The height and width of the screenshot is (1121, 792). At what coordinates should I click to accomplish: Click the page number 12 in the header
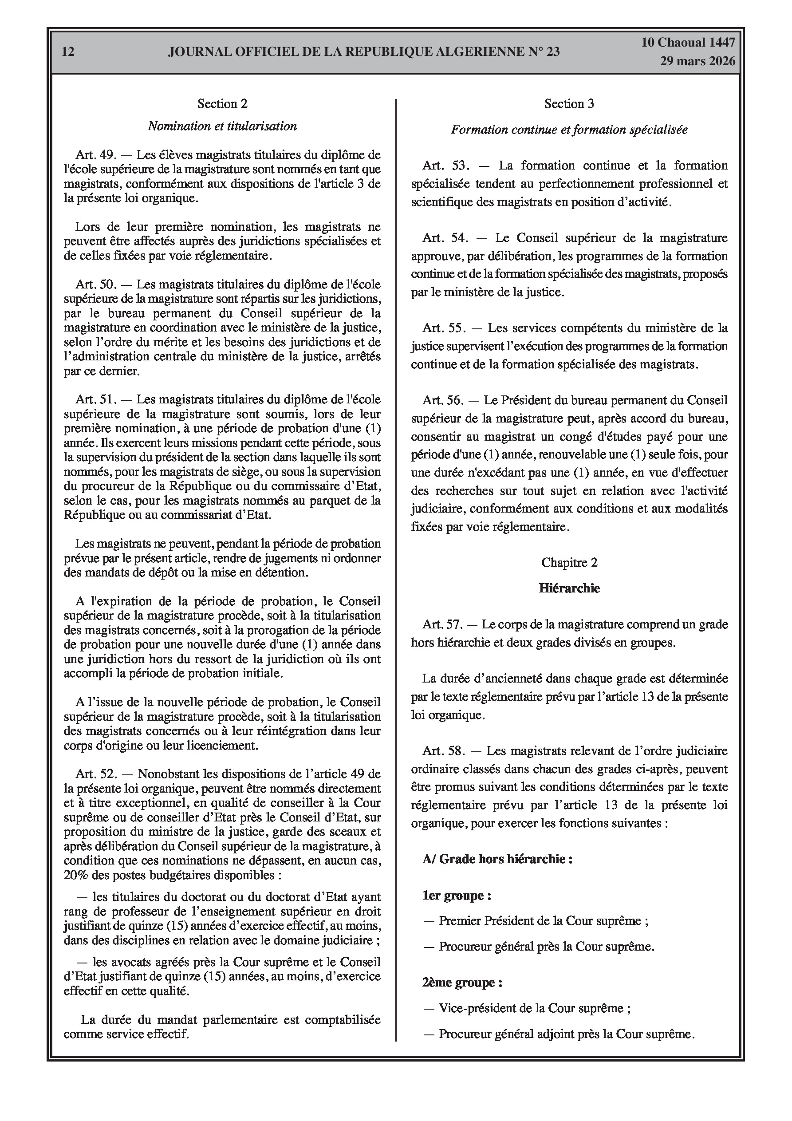coord(68,52)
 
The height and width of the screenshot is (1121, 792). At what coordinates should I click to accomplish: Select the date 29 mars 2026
coord(698,61)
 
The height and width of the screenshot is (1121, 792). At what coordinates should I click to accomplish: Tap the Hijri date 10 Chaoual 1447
coord(688,43)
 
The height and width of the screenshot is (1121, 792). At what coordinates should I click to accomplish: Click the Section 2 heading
coord(222,103)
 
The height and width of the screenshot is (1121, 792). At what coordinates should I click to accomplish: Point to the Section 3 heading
coord(569,103)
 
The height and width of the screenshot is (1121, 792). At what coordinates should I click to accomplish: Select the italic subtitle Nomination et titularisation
coord(222,126)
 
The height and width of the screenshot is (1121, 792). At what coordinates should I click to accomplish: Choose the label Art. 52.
coord(96,774)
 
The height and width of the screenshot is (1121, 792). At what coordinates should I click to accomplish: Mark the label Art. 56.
coord(442,400)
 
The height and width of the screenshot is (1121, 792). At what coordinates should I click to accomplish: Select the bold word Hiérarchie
coord(569,588)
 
